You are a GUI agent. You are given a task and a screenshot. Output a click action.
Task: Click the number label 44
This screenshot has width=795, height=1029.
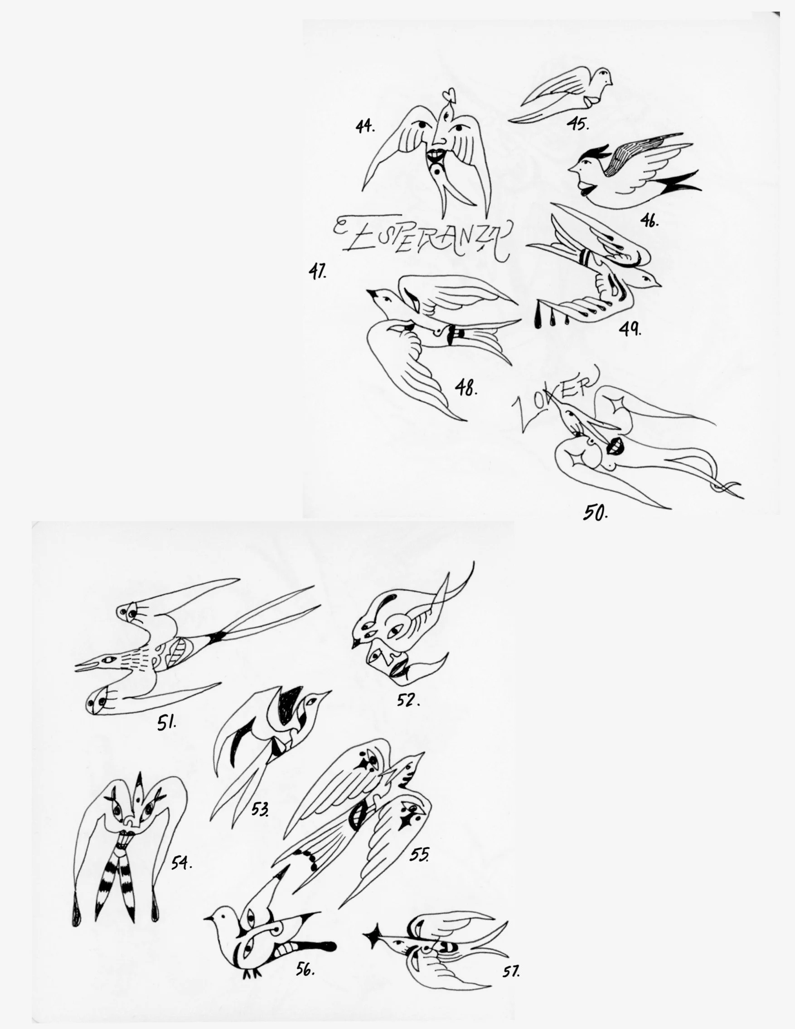click(365, 127)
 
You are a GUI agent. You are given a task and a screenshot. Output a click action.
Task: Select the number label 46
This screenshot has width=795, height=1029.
click(649, 220)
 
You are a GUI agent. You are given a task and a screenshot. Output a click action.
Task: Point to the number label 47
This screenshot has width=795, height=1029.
click(317, 272)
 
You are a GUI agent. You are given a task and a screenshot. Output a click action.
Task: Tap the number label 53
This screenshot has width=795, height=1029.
click(260, 810)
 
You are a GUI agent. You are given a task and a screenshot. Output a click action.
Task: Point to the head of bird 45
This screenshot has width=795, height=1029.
click(602, 78)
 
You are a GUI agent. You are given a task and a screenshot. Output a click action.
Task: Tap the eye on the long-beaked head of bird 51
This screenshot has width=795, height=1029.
click(110, 660)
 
